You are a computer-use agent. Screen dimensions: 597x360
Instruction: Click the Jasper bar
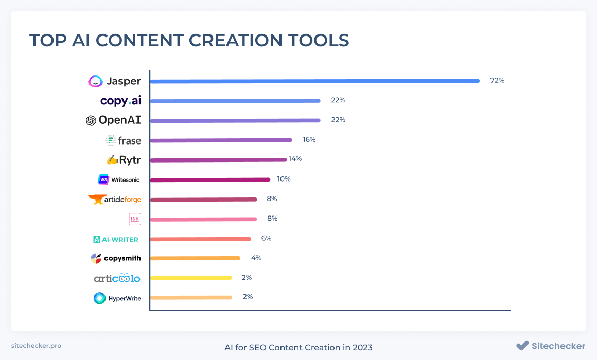[315, 81]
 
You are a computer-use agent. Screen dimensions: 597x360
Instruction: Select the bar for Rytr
[218, 160]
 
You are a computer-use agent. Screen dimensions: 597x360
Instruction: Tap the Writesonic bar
[210, 179]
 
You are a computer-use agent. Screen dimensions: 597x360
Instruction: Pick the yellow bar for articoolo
[191, 278]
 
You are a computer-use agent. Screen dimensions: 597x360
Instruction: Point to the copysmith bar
[196, 258]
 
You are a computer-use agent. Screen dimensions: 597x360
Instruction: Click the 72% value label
[497, 80]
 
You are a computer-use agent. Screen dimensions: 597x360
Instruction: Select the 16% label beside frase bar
[309, 140]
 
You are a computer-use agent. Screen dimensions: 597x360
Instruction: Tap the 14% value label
[295, 159]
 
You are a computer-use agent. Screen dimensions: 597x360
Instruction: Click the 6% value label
[266, 238]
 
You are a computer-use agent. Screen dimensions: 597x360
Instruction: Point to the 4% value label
[256, 258]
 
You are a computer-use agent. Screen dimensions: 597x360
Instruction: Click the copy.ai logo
[121, 101]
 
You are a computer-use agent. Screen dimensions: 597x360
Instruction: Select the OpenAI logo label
[113, 120]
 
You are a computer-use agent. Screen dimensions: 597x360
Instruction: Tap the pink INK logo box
[135, 219]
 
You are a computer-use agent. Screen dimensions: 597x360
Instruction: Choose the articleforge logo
[115, 200]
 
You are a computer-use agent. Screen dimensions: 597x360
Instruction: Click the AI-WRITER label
[116, 239]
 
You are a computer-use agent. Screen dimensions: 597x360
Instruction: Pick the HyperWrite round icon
[100, 298]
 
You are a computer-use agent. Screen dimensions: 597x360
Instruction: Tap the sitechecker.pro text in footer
[36, 346]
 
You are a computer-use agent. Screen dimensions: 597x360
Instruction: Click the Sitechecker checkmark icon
[522, 346]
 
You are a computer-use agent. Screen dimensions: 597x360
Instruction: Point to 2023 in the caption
[362, 348]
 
